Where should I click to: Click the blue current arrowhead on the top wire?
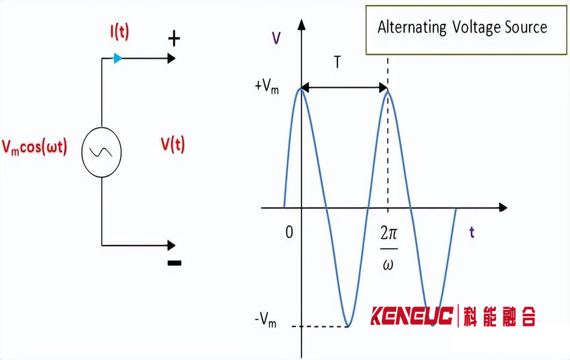pyautogui.click(x=118, y=58)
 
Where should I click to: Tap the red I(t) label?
pyautogui.click(x=120, y=33)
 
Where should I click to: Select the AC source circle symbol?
pyautogui.click(x=102, y=152)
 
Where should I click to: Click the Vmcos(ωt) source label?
pyautogui.click(x=35, y=148)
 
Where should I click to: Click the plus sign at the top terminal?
pyautogui.click(x=174, y=39)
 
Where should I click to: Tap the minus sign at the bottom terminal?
pyautogui.click(x=174, y=263)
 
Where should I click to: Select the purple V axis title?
pyautogui.click(x=276, y=38)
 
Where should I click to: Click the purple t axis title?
pyautogui.click(x=472, y=232)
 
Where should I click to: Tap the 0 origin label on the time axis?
pyautogui.click(x=290, y=232)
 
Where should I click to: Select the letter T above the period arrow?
pyautogui.click(x=337, y=62)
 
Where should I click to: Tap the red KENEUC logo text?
pyautogui.click(x=412, y=316)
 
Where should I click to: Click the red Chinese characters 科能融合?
pyautogui.click(x=499, y=316)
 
